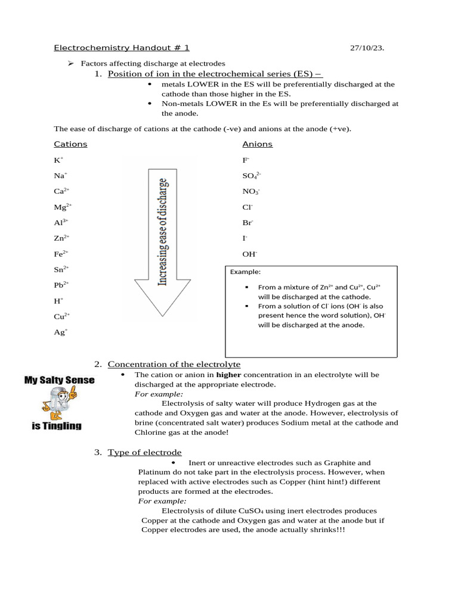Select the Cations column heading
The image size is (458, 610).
[x=70, y=144]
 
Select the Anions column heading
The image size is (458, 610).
[x=257, y=144]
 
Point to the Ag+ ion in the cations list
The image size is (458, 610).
[x=60, y=332]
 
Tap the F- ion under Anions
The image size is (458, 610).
[x=246, y=160]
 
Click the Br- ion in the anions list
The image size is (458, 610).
[x=247, y=222]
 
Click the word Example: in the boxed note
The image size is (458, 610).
[x=245, y=272]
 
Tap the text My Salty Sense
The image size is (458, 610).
[x=59, y=379]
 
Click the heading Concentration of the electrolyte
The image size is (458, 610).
[x=174, y=364]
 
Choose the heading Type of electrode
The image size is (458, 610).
[x=145, y=452]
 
